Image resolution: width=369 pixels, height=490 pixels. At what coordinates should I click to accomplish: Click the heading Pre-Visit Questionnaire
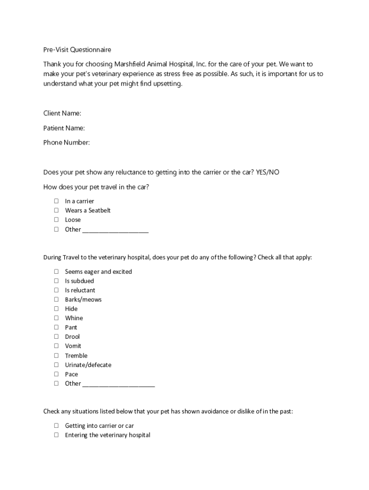pyautogui.click(x=77, y=50)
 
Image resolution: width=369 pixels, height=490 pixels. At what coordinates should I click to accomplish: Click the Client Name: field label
pyautogui.click(x=62, y=113)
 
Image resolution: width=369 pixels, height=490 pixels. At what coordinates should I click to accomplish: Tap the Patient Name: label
pyautogui.click(x=64, y=128)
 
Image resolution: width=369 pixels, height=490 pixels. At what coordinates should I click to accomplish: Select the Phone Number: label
pyautogui.click(x=67, y=143)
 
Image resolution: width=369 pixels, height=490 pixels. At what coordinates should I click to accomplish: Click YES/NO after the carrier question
pyautogui.click(x=267, y=172)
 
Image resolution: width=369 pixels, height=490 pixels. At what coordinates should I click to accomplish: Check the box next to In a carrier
pyautogui.click(x=56, y=201)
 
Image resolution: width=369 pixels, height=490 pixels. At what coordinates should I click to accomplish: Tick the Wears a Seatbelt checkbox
pyautogui.click(x=56, y=211)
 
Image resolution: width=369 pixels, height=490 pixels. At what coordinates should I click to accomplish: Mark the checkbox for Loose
pyautogui.click(x=56, y=220)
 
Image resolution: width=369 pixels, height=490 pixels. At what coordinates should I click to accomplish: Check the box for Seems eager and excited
pyautogui.click(x=56, y=271)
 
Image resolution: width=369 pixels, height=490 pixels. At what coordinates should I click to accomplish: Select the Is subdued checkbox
pyautogui.click(x=56, y=281)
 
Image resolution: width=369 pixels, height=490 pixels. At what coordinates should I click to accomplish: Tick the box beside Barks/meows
pyautogui.click(x=56, y=300)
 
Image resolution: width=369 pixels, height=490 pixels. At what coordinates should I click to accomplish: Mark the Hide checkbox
pyautogui.click(x=56, y=309)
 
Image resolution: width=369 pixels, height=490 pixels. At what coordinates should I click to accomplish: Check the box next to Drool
pyautogui.click(x=56, y=336)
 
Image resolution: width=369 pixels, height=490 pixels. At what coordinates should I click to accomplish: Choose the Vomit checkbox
pyautogui.click(x=56, y=346)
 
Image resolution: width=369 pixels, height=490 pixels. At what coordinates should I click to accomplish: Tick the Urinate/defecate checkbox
pyautogui.click(x=56, y=365)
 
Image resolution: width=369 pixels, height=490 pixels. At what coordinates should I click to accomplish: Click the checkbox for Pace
pyautogui.click(x=56, y=374)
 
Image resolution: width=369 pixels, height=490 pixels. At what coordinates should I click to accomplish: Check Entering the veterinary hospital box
pyautogui.click(x=56, y=435)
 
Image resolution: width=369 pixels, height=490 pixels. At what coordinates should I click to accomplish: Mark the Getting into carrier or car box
pyautogui.click(x=56, y=425)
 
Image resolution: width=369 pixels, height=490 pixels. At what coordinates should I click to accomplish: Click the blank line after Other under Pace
pyautogui.click(x=119, y=384)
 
